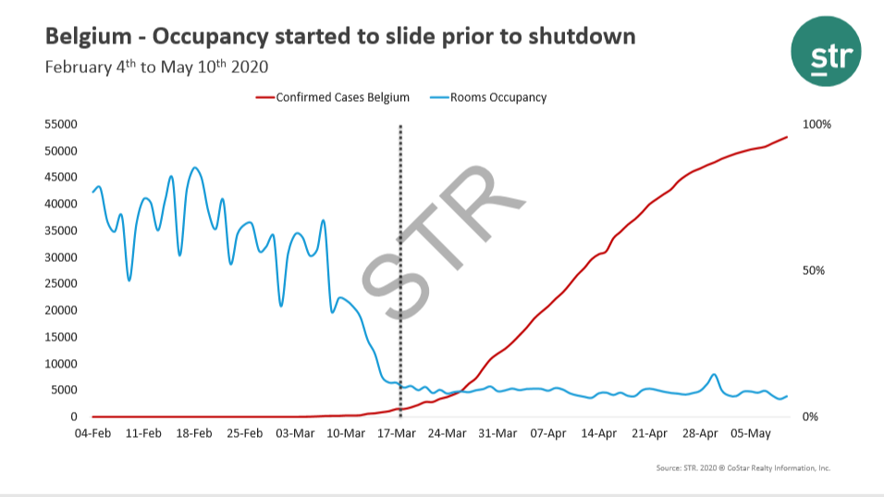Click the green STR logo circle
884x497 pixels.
(x=826, y=51)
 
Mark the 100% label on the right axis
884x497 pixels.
(x=818, y=124)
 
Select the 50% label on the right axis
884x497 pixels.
(x=815, y=270)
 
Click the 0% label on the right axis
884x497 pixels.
(x=811, y=417)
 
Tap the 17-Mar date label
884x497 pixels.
(x=398, y=433)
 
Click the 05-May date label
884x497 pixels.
(x=751, y=433)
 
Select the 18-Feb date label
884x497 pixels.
(x=195, y=433)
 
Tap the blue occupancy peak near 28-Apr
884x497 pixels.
(x=714, y=375)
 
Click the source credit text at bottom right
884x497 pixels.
(x=743, y=468)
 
